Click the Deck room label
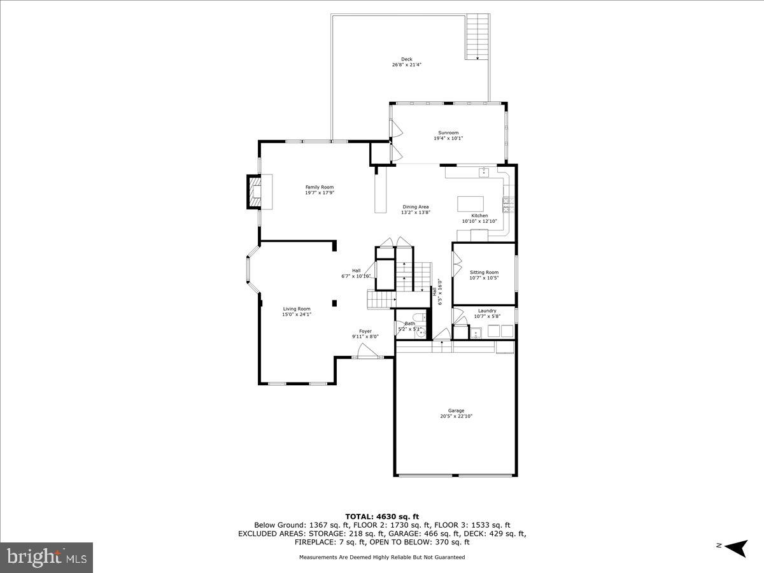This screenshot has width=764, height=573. click(406, 59)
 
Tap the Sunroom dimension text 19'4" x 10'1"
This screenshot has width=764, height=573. click(448, 138)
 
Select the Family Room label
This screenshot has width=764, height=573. click(319, 187)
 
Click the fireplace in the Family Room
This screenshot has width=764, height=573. click(255, 192)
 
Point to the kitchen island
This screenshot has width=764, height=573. click(470, 203)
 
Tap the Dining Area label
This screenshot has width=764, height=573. click(415, 207)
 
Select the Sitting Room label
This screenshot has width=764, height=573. click(484, 272)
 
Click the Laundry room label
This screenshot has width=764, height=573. click(487, 311)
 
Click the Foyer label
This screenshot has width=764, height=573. click(365, 331)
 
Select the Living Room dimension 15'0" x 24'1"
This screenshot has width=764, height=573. click(297, 314)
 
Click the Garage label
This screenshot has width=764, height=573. click(456, 411)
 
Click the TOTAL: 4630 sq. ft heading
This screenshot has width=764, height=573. click(382, 516)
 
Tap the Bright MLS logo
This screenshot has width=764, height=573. click(46, 557)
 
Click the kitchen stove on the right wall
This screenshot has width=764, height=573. click(509, 204)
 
